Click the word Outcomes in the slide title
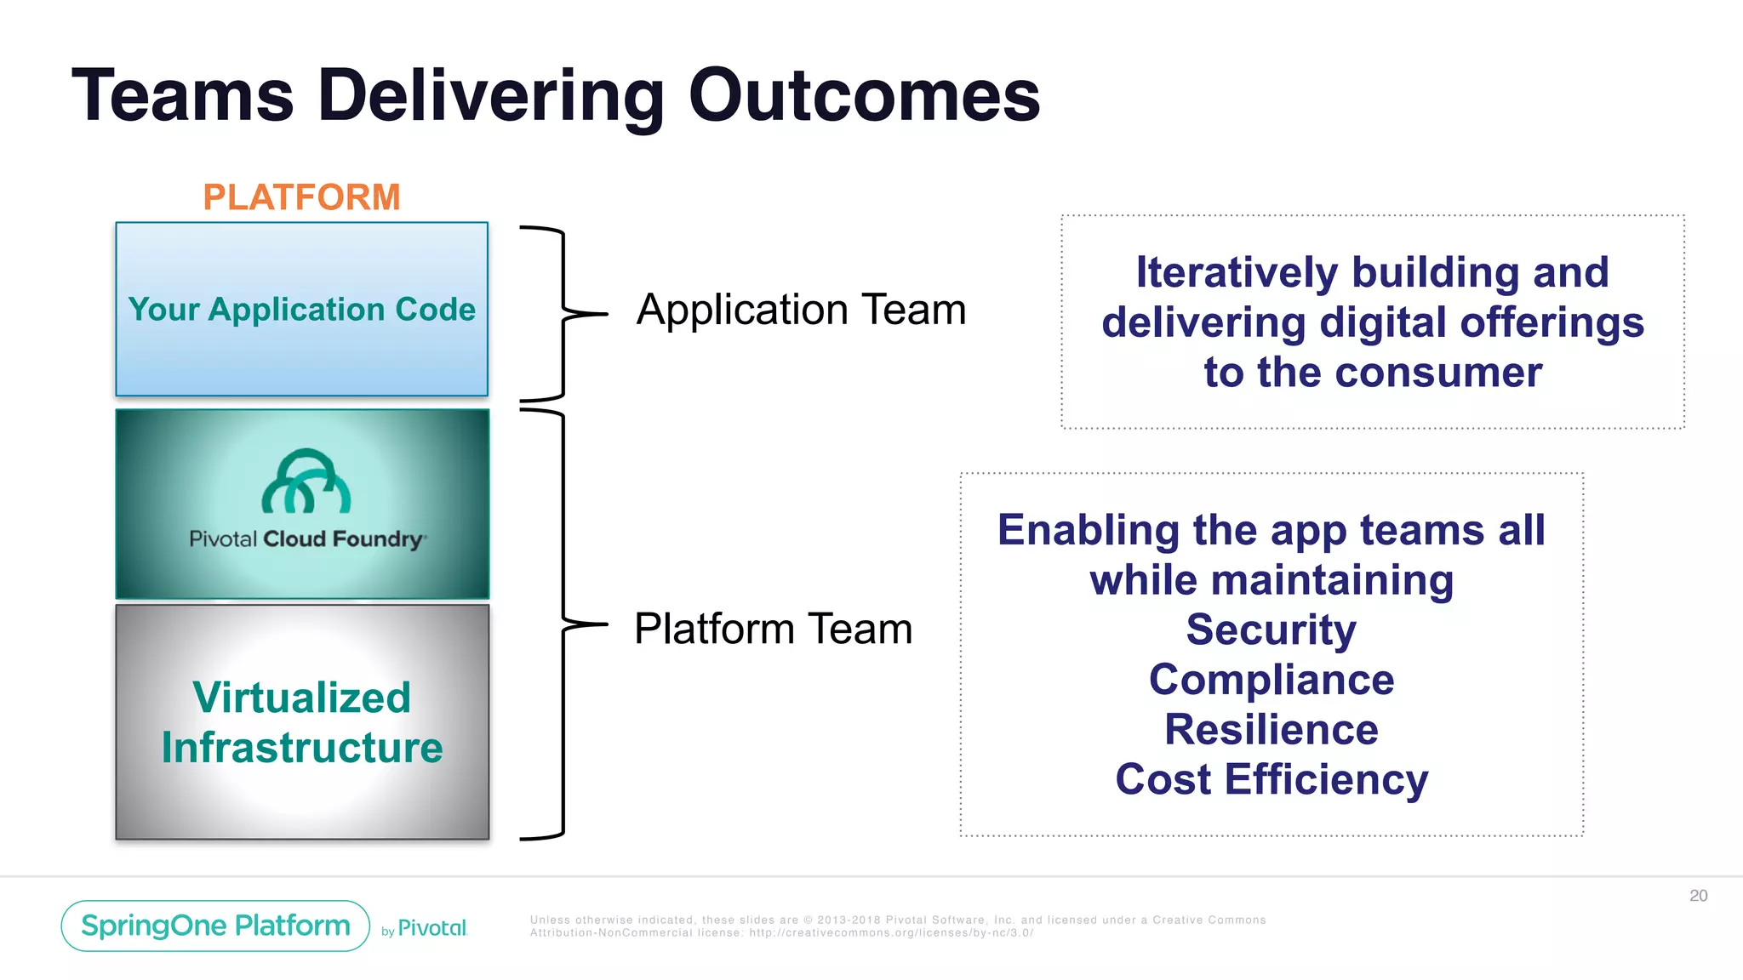pos(864,95)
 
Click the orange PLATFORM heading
pos(301,197)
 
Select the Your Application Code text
pos(301,310)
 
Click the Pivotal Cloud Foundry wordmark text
pos(307,539)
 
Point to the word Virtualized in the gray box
pos(301,698)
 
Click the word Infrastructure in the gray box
pos(301,748)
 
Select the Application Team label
pos(801,310)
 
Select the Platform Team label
pos(773,630)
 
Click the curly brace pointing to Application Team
pos(563,313)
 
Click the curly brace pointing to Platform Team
pos(563,624)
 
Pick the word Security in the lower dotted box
pos(1272,630)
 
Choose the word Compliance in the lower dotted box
pos(1272,680)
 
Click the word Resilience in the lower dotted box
pos(1272,730)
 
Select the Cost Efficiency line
pos(1272,779)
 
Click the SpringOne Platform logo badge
pos(215,926)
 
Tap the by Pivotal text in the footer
pos(425,928)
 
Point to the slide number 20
pos(1698,896)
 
